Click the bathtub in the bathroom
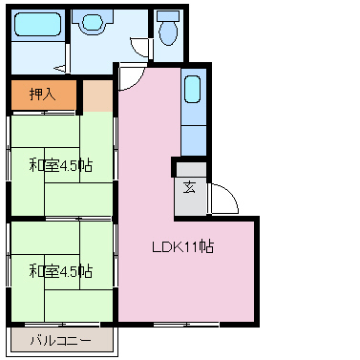pyautogui.click(x=37, y=24)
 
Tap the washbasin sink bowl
pyautogui.click(x=93, y=22)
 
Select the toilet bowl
pyautogui.click(x=168, y=33)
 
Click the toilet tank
pyautogui.click(x=168, y=16)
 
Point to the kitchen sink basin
pyautogui.click(x=193, y=89)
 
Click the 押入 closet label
pyautogui.click(x=43, y=95)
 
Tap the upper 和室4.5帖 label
pyautogui.click(x=61, y=165)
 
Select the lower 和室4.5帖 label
pyautogui.click(x=61, y=271)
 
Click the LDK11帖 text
pyautogui.click(x=183, y=246)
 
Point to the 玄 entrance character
pyautogui.click(x=190, y=188)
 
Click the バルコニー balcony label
pyautogui.click(x=60, y=341)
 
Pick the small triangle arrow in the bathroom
pyautogui.click(x=60, y=68)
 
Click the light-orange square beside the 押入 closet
pyautogui.click(x=98, y=95)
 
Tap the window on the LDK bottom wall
pyautogui.click(x=186, y=325)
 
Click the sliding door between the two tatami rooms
pyautogui.click(x=78, y=219)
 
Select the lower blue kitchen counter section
pyautogui.click(x=194, y=140)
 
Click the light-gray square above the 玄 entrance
pyautogui.click(x=192, y=169)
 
